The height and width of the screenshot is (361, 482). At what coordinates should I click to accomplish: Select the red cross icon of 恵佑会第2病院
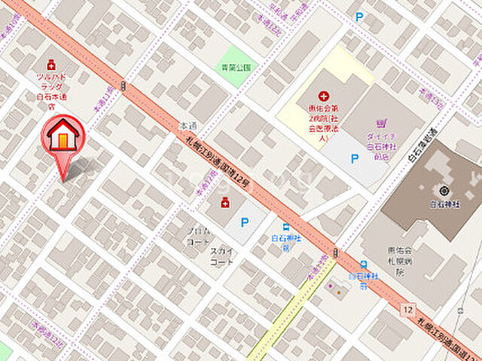pos(323,96)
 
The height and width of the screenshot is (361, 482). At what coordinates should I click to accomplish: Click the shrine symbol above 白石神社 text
pos(444,191)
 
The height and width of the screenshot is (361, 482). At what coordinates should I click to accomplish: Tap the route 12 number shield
pos(407,309)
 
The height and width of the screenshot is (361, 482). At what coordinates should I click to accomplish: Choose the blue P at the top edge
pos(359,15)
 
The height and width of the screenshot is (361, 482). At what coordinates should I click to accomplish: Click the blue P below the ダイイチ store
pos(353,158)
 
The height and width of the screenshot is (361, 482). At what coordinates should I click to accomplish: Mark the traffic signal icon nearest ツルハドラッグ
pos(122,83)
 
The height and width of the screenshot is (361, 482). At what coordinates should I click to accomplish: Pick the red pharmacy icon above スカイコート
pos(224,203)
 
